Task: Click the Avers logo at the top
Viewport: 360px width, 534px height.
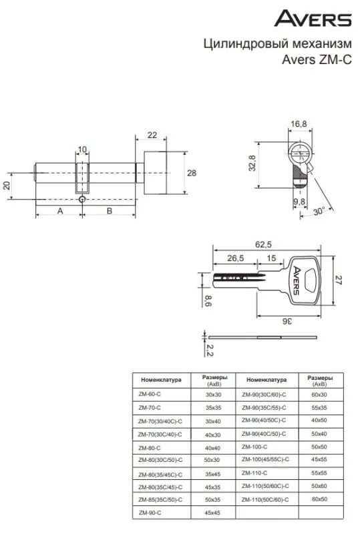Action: [313, 19]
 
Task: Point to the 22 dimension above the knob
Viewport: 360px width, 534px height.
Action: [152, 136]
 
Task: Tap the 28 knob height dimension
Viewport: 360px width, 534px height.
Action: [192, 173]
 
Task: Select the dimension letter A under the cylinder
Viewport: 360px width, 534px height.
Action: [60, 211]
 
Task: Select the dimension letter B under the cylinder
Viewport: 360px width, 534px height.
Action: [110, 211]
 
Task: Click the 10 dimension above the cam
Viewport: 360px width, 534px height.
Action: [82, 150]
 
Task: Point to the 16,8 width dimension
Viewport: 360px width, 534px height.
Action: [299, 124]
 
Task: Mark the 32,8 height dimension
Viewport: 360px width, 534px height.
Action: [252, 163]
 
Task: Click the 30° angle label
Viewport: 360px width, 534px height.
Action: [319, 212]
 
